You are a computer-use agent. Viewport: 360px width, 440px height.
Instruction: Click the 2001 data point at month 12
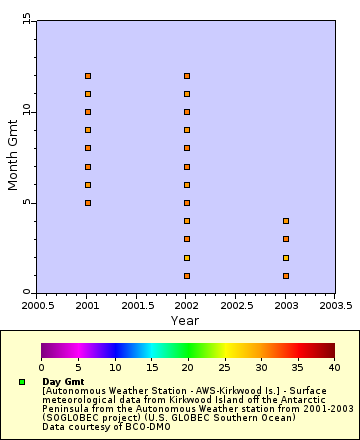click(88, 76)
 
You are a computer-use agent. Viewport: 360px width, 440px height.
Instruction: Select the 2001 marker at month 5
click(88, 203)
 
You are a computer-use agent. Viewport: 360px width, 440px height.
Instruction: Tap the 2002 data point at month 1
click(187, 276)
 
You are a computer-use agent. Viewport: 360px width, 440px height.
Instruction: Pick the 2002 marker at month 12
click(187, 76)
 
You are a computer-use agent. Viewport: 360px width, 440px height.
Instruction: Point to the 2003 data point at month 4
click(286, 221)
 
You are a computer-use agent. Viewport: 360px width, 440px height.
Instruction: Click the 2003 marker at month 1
click(286, 276)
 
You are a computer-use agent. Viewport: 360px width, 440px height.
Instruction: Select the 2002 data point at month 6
click(187, 185)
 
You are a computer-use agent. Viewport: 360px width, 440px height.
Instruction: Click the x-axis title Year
click(184, 320)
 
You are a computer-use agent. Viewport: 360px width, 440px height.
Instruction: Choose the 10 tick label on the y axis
click(26, 112)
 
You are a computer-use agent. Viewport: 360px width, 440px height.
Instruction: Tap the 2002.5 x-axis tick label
click(236, 304)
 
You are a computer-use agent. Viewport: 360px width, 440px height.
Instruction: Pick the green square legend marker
click(21, 382)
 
